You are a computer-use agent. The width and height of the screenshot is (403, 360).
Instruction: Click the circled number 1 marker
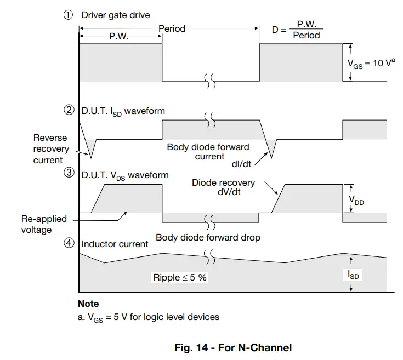69,15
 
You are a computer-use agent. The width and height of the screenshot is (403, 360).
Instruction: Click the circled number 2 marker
69,111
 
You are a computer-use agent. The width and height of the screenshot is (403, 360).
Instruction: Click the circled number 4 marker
69,243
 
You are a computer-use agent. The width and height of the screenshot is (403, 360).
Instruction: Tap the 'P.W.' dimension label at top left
119,38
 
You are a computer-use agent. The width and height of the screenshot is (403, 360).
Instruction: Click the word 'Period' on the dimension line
172,28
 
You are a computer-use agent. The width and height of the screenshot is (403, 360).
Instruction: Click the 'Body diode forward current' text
208,152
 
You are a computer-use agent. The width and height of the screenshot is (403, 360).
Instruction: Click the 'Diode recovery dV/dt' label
223,187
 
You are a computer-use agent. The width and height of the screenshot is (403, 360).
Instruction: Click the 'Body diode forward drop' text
208,238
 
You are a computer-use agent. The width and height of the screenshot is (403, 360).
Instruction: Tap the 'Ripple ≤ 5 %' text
180,277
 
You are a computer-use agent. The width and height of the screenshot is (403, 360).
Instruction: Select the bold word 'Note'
88,304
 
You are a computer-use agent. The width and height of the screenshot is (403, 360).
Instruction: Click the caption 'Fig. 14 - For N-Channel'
233,347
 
